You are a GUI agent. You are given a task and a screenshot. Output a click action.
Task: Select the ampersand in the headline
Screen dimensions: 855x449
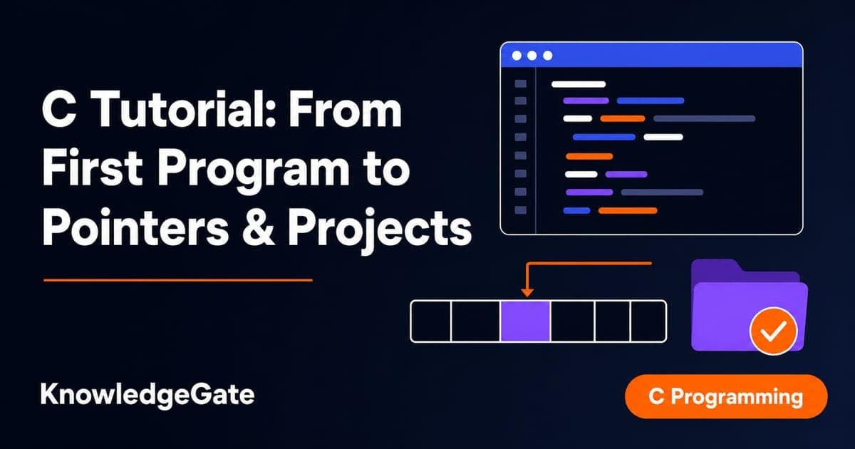[x=258, y=228]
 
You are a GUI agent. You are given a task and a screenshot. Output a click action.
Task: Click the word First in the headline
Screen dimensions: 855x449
[x=93, y=168]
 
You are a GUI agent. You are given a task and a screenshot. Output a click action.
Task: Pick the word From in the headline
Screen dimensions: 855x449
[x=344, y=110]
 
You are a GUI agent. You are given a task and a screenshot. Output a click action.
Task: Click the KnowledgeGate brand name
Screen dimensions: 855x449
[x=147, y=395]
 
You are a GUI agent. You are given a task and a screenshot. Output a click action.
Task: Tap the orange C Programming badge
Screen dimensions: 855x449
[x=726, y=396]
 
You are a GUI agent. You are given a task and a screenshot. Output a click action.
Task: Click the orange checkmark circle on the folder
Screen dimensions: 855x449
[x=773, y=331]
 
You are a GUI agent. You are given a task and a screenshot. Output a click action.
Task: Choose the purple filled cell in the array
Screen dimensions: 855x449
[x=525, y=321]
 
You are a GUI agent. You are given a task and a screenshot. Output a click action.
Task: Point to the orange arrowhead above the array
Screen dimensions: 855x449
[x=527, y=292]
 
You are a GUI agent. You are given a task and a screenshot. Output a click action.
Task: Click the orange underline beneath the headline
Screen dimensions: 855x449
[x=178, y=280]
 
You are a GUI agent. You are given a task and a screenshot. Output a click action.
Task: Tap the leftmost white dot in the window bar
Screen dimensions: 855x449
[x=517, y=56]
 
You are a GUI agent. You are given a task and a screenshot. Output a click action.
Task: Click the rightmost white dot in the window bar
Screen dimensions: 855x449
[x=547, y=56]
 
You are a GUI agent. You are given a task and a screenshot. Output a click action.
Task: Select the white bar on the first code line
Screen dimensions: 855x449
[x=579, y=84]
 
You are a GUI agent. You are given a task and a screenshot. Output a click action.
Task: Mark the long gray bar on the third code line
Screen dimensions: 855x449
[x=704, y=119]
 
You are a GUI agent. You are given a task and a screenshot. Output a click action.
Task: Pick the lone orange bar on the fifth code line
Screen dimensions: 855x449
[x=589, y=156]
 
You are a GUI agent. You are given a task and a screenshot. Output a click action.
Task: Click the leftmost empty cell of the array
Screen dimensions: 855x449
[x=431, y=321]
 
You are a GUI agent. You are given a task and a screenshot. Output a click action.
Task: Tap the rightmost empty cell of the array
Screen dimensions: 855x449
[x=648, y=321]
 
